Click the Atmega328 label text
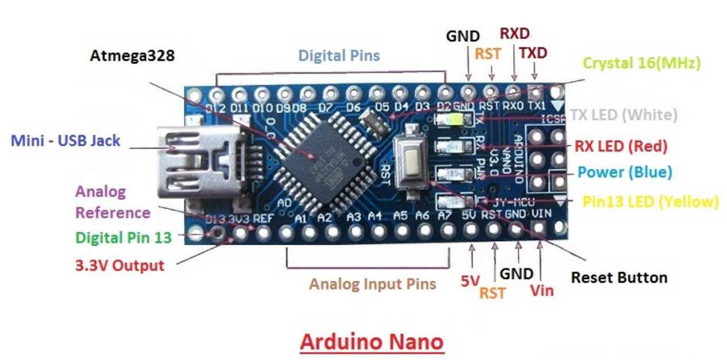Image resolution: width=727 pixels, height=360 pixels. click(x=132, y=56)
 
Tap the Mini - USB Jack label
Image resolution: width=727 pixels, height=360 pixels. click(x=66, y=140)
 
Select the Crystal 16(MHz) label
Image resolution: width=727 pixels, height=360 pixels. click(x=641, y=63)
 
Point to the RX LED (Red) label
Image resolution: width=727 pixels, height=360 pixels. click(x=621, y=146)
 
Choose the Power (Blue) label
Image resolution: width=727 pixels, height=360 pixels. click(x=624, y=172)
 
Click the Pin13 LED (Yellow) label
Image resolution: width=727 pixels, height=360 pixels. click(x=650, y=202)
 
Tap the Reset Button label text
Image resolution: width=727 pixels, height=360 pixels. click(x=618, y=278)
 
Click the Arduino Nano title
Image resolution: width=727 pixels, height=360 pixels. click(x=372, y=342)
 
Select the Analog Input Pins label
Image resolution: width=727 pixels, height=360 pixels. click(x=373, y=284)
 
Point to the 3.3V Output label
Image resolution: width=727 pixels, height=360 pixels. click(x=119, y=266)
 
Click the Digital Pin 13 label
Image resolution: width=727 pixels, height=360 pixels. click(x=123, y=237)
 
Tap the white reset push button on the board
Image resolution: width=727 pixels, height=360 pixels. click(x=412, y=159)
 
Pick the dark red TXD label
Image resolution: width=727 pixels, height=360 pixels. click(x=533, y=53)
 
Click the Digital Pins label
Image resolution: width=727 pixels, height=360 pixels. click(x=339, y=56)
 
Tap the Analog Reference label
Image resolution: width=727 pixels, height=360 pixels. click(x=113, y=202)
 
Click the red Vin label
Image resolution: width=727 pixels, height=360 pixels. click(x=542, y=291)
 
